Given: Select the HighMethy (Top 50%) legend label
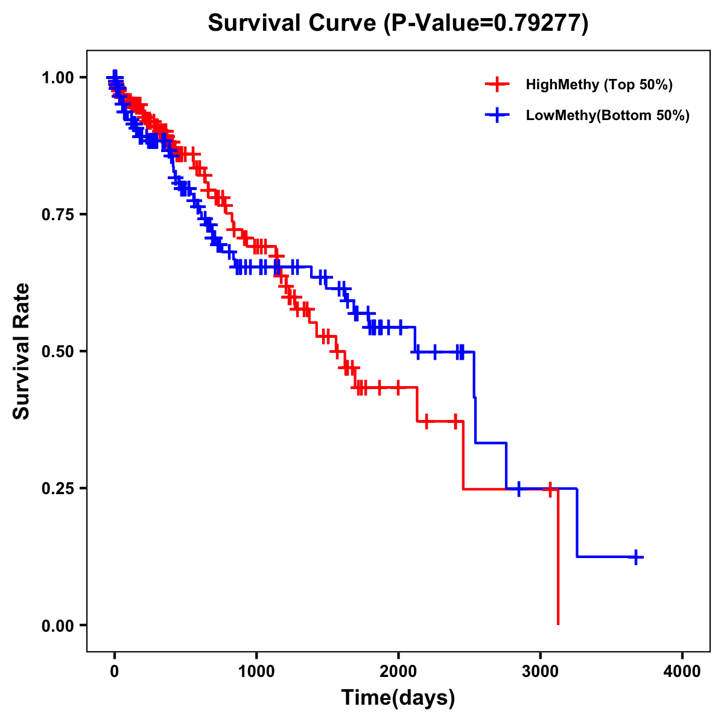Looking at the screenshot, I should [599, 84].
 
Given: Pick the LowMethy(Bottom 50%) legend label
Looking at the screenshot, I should [608, 115].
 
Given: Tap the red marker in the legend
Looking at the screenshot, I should [497, 84].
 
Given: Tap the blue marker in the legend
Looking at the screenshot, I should [497, 115].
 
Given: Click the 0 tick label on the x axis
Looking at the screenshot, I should [115, 672].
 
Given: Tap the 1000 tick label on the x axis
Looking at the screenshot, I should [256, 672].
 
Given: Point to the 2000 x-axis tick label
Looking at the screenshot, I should [398, 672].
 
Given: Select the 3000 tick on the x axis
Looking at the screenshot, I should [541, 672].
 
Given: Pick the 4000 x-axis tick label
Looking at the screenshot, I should [682, 672].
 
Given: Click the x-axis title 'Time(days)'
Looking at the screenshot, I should [398, 698].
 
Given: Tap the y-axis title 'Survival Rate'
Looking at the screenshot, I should [22, 351].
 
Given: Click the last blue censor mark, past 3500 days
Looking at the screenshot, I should [635, 557].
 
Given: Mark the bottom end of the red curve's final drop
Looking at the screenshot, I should [558, 624].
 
